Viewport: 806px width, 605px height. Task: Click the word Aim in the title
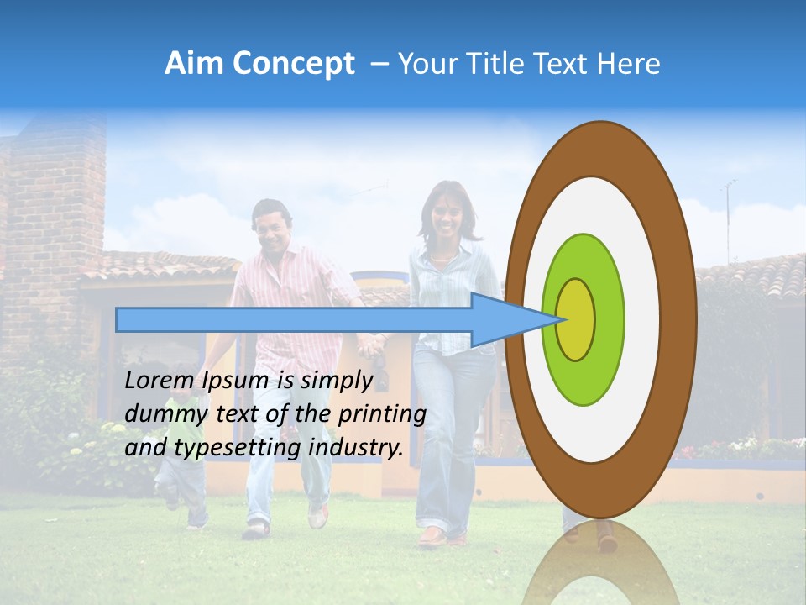(192, 64)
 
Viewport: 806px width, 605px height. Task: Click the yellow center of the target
(575, 319)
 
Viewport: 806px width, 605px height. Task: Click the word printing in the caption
(382, 413)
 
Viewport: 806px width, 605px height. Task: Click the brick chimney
(55, 218)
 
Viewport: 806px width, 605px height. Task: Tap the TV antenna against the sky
(729, 214)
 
